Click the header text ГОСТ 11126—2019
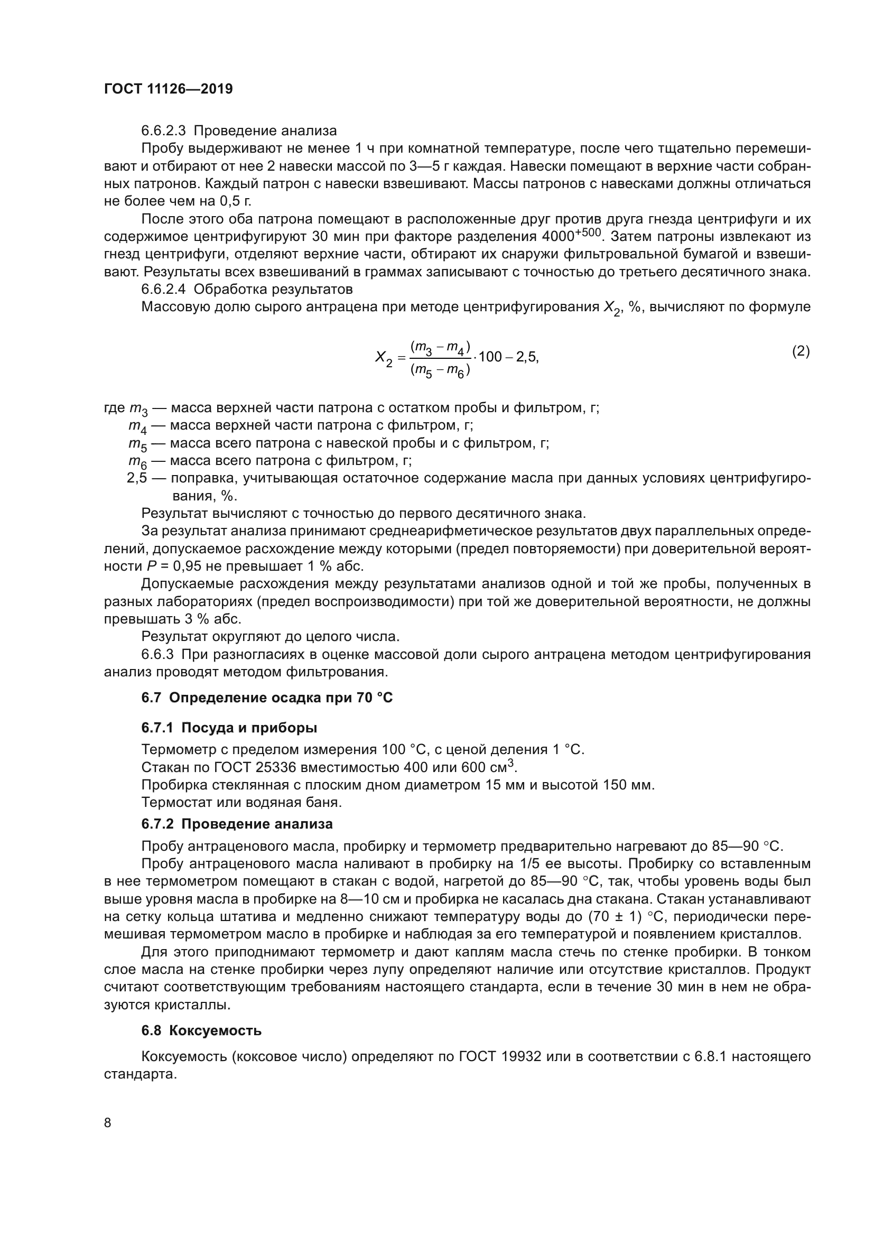click(168, 89)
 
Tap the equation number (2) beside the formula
click(801, 351)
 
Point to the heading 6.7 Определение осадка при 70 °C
click(267, 698)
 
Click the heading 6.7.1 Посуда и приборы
click(229, 728)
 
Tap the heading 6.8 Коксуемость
click(201, 1031)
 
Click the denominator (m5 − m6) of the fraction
click(440, 370)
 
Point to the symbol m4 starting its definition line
click(137, 426)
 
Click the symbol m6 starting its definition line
click(137, 462)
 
